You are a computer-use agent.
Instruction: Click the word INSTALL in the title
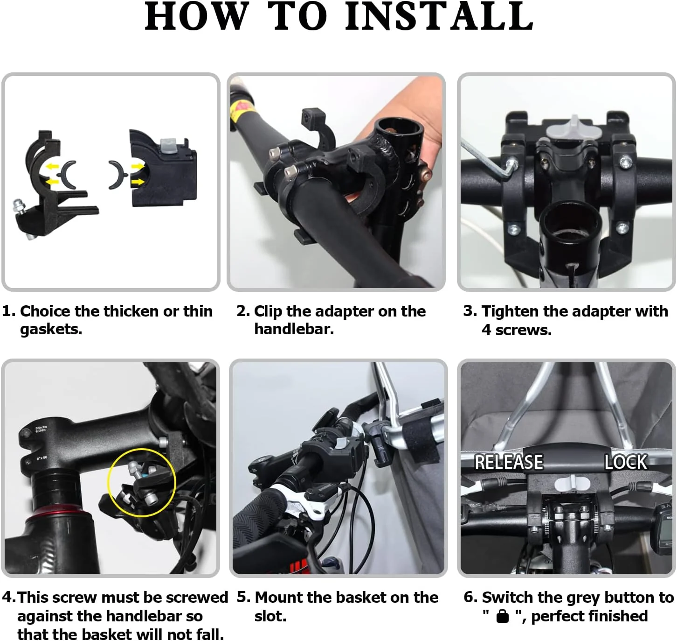point(439,16)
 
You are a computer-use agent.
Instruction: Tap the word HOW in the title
point(197,16)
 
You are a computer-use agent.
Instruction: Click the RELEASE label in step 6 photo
point(509,462)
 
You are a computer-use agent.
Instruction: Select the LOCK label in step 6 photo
point(626,462)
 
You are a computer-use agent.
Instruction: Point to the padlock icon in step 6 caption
point(503,616)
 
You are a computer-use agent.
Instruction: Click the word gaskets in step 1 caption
point(51,330)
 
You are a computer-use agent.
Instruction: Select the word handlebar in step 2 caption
point(294,329)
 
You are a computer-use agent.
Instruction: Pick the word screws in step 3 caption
point(524,331)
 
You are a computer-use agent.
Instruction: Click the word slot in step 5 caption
point(270,616)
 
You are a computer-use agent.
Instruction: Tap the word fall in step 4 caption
point(210,634)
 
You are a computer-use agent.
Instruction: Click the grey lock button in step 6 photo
point(572,483)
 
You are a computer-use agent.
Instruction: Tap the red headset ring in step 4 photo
point(59,516)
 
